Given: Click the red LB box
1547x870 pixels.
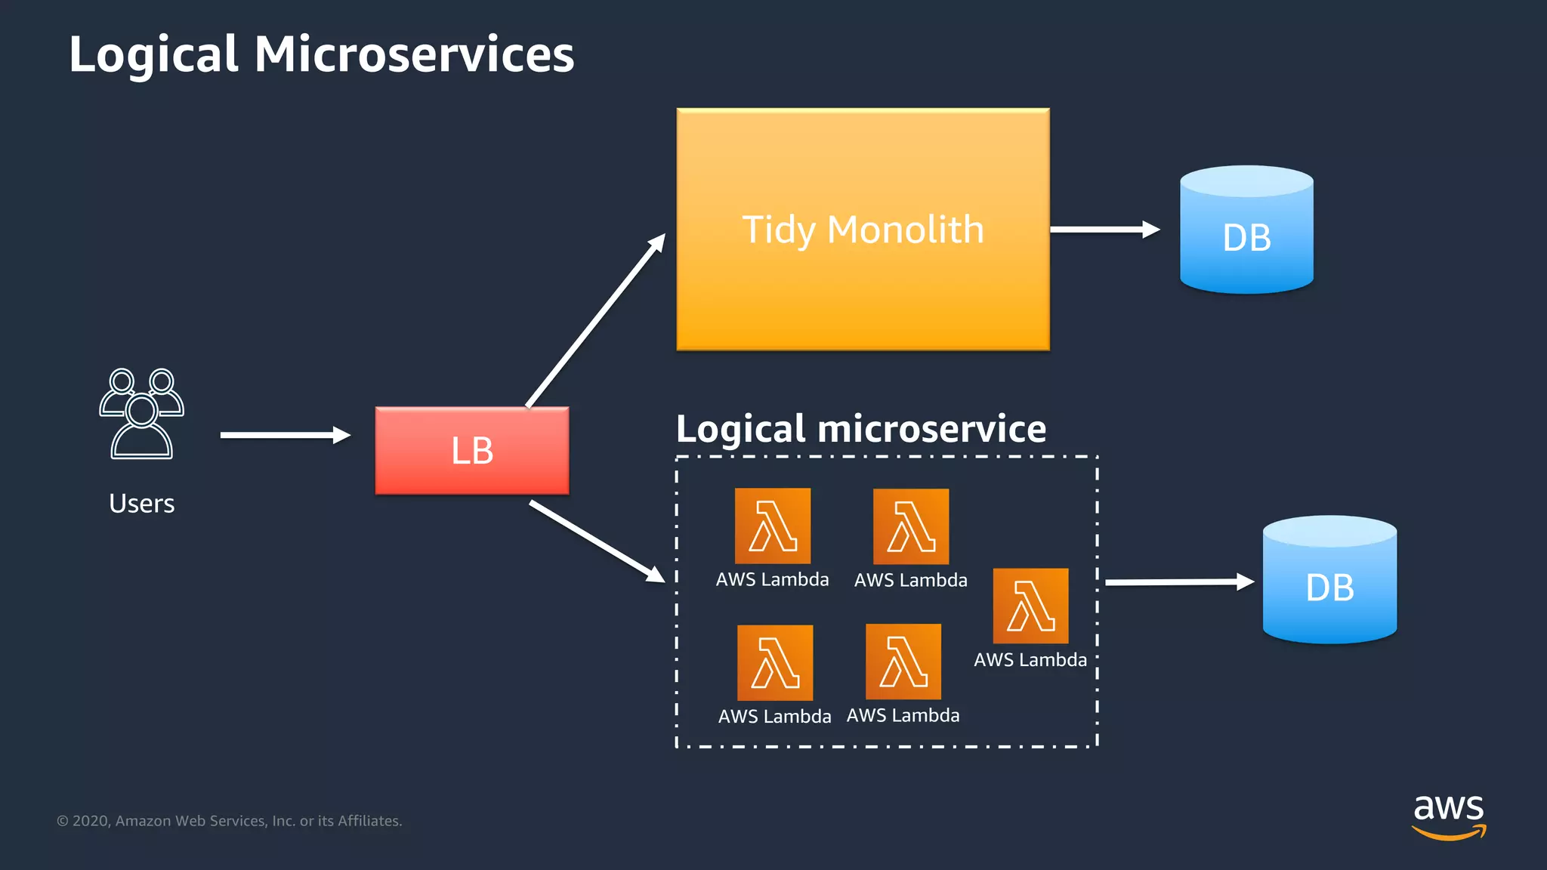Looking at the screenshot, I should point(472,451).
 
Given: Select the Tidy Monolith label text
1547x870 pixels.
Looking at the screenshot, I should point(863,230).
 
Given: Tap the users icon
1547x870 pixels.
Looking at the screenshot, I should point(141,414).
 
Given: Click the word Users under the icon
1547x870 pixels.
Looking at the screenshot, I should point(141,504).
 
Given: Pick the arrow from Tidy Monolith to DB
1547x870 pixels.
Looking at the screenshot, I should point(1104,230).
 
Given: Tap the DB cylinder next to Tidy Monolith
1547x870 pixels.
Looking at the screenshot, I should point(1246,230).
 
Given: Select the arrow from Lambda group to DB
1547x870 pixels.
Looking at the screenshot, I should point(1178,582).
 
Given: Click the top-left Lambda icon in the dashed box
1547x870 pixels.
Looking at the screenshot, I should point(773,526).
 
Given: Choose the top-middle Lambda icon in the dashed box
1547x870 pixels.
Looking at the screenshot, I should point(911,526).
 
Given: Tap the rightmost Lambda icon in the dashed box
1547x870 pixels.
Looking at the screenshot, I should point(1030,606).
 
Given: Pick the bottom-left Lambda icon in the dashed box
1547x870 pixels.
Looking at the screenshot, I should point(775,662).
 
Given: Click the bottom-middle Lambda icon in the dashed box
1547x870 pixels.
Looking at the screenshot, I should point(903,662).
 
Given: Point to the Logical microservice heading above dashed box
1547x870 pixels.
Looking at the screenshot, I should point(861,429).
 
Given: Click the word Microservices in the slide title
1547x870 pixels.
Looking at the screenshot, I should point(414,54).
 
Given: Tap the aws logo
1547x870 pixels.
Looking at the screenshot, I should point(1449,816).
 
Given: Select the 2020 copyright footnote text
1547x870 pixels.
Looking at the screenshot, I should point(230,821).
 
